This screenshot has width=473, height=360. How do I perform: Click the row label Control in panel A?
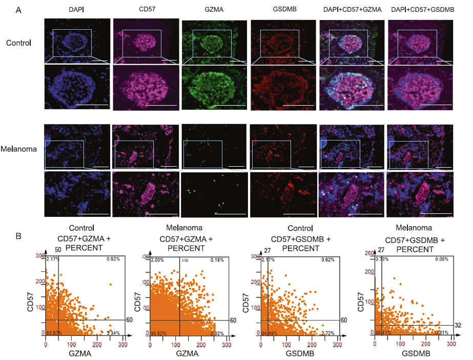[x=18, y=43]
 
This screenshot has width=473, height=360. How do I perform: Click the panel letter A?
[x=19, y=9]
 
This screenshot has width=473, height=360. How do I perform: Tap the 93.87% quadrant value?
[x=53, y=333]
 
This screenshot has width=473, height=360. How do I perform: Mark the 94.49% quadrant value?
[x=270, y=333]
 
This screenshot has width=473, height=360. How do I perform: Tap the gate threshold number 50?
[x=58, y=249]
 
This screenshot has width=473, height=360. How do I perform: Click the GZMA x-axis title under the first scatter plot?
[x=83, y=354]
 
